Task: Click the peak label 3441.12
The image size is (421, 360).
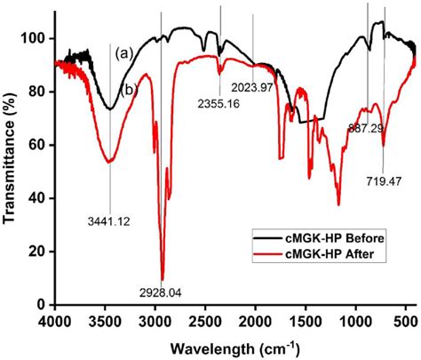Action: coord(107,222)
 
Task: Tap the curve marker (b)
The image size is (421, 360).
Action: coord(127,89)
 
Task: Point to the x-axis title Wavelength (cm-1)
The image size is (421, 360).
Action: coord(233,345)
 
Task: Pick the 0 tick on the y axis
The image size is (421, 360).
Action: coord(44,304)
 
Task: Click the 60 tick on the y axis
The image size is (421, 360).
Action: coord(41,145)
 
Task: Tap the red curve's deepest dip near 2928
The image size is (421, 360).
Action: coord(162,278)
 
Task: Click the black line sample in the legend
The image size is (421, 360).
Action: coord(268,237)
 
